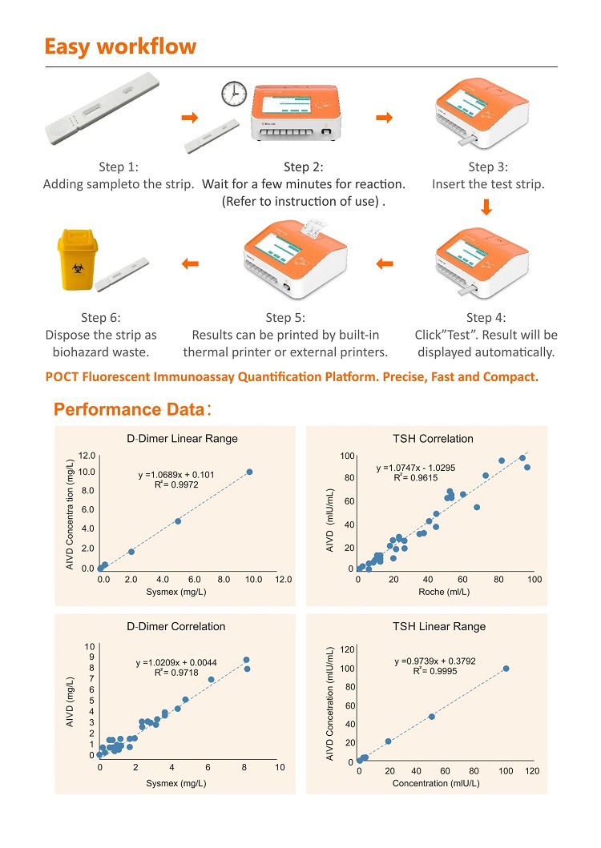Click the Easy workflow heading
(119, 46)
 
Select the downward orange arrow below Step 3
(486, 209)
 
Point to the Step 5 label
(285, 318)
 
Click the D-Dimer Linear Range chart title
(183, 438)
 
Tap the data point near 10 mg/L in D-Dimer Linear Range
(249, 472)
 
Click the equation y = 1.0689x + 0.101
(188, 475)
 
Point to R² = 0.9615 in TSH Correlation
(410, 477)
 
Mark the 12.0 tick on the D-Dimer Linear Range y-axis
(86, 455)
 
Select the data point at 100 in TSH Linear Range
(506, 669)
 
